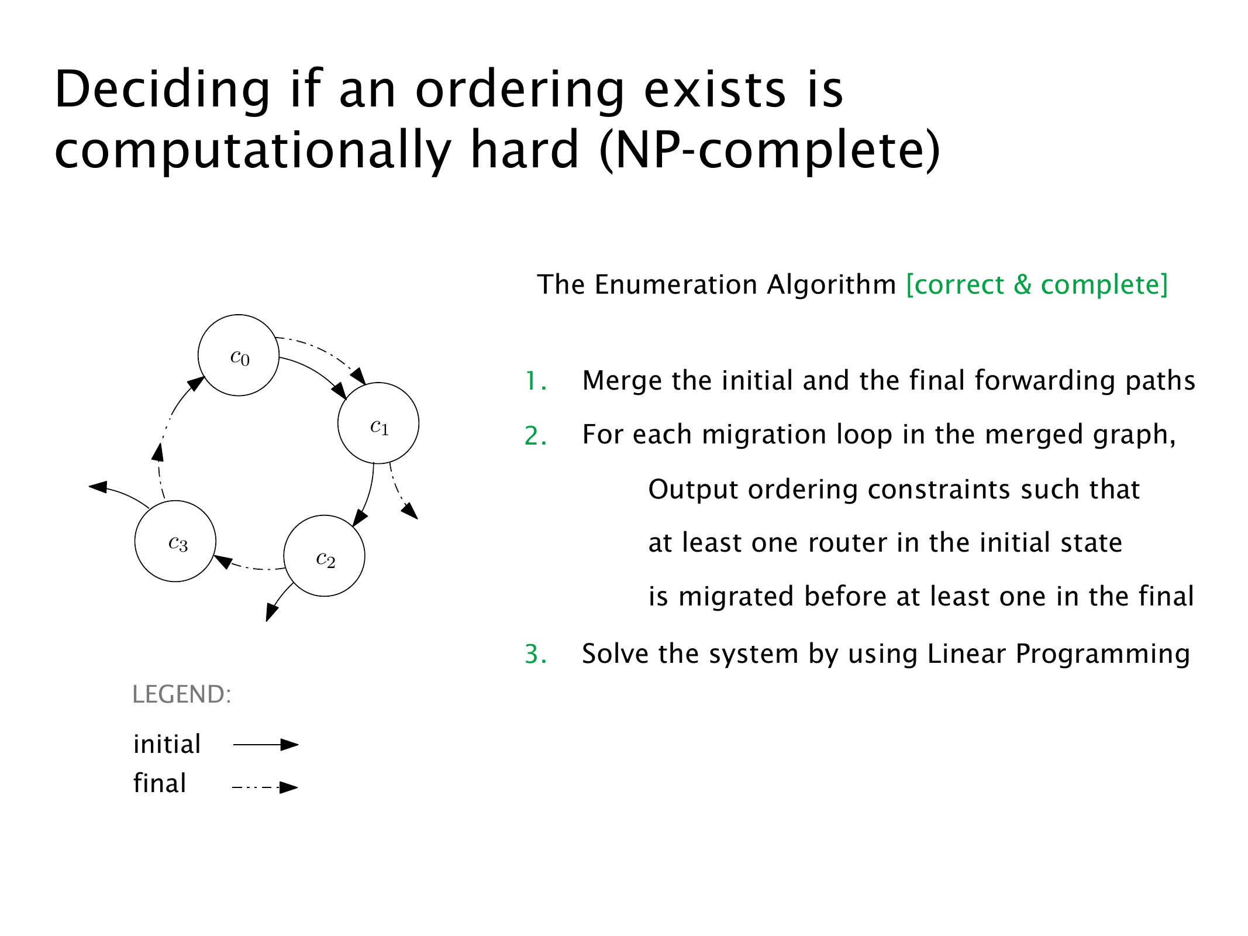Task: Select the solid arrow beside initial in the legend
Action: click(266, 745)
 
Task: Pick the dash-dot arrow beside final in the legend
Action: click(266, 787)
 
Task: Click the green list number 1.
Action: click(535, 381)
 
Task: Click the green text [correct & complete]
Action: click(1037, 285)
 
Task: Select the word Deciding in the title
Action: click(163, 90)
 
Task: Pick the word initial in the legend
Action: click(167, 744)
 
